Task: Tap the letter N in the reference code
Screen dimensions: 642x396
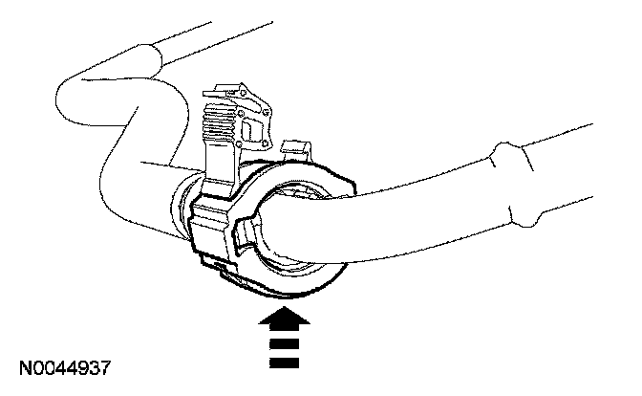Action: (x=21, y=367)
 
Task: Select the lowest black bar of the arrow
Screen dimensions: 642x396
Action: (x=285, y=363)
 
